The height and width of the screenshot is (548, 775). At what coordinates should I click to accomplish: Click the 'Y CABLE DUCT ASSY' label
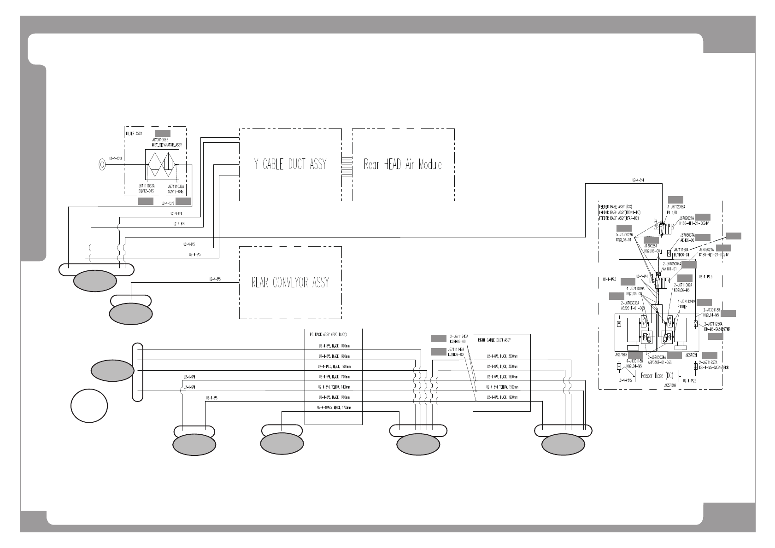290,164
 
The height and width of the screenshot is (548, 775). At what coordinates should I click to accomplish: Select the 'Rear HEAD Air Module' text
403,164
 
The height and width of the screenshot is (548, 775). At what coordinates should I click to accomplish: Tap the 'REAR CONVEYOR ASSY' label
290,282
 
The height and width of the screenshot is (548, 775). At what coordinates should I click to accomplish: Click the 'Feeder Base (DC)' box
657,376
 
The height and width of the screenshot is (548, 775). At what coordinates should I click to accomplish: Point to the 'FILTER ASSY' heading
134,134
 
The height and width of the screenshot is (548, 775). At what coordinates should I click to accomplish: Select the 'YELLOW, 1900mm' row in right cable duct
502,387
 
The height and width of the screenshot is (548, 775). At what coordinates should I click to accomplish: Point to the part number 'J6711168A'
681,249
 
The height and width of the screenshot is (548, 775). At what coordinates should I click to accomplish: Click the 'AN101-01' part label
669,268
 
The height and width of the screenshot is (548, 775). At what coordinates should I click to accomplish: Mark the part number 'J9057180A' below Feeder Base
656,385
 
